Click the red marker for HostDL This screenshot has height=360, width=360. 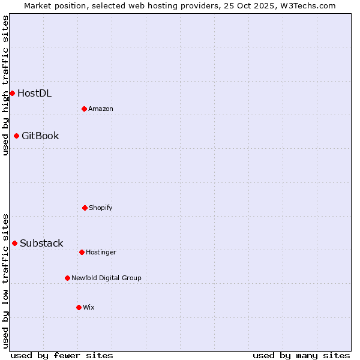12,93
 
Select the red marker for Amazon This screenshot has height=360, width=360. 84,109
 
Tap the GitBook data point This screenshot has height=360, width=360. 16,136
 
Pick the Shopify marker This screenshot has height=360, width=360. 85,208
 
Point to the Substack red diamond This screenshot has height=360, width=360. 14,243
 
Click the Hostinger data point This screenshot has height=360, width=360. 82,252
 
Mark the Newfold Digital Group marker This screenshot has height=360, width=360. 67,278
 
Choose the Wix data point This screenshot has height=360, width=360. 79,307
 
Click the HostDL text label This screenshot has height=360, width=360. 34,93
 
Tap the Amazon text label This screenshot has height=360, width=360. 101,109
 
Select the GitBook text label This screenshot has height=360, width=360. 40,136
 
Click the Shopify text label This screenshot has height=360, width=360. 101,208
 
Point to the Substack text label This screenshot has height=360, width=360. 41,243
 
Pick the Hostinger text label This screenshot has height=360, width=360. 101,252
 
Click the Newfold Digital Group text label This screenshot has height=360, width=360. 106,278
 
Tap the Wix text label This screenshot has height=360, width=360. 89,307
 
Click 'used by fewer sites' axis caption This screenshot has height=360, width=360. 62,355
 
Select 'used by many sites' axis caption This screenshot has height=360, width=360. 301,355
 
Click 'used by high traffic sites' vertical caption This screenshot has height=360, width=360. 5,85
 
